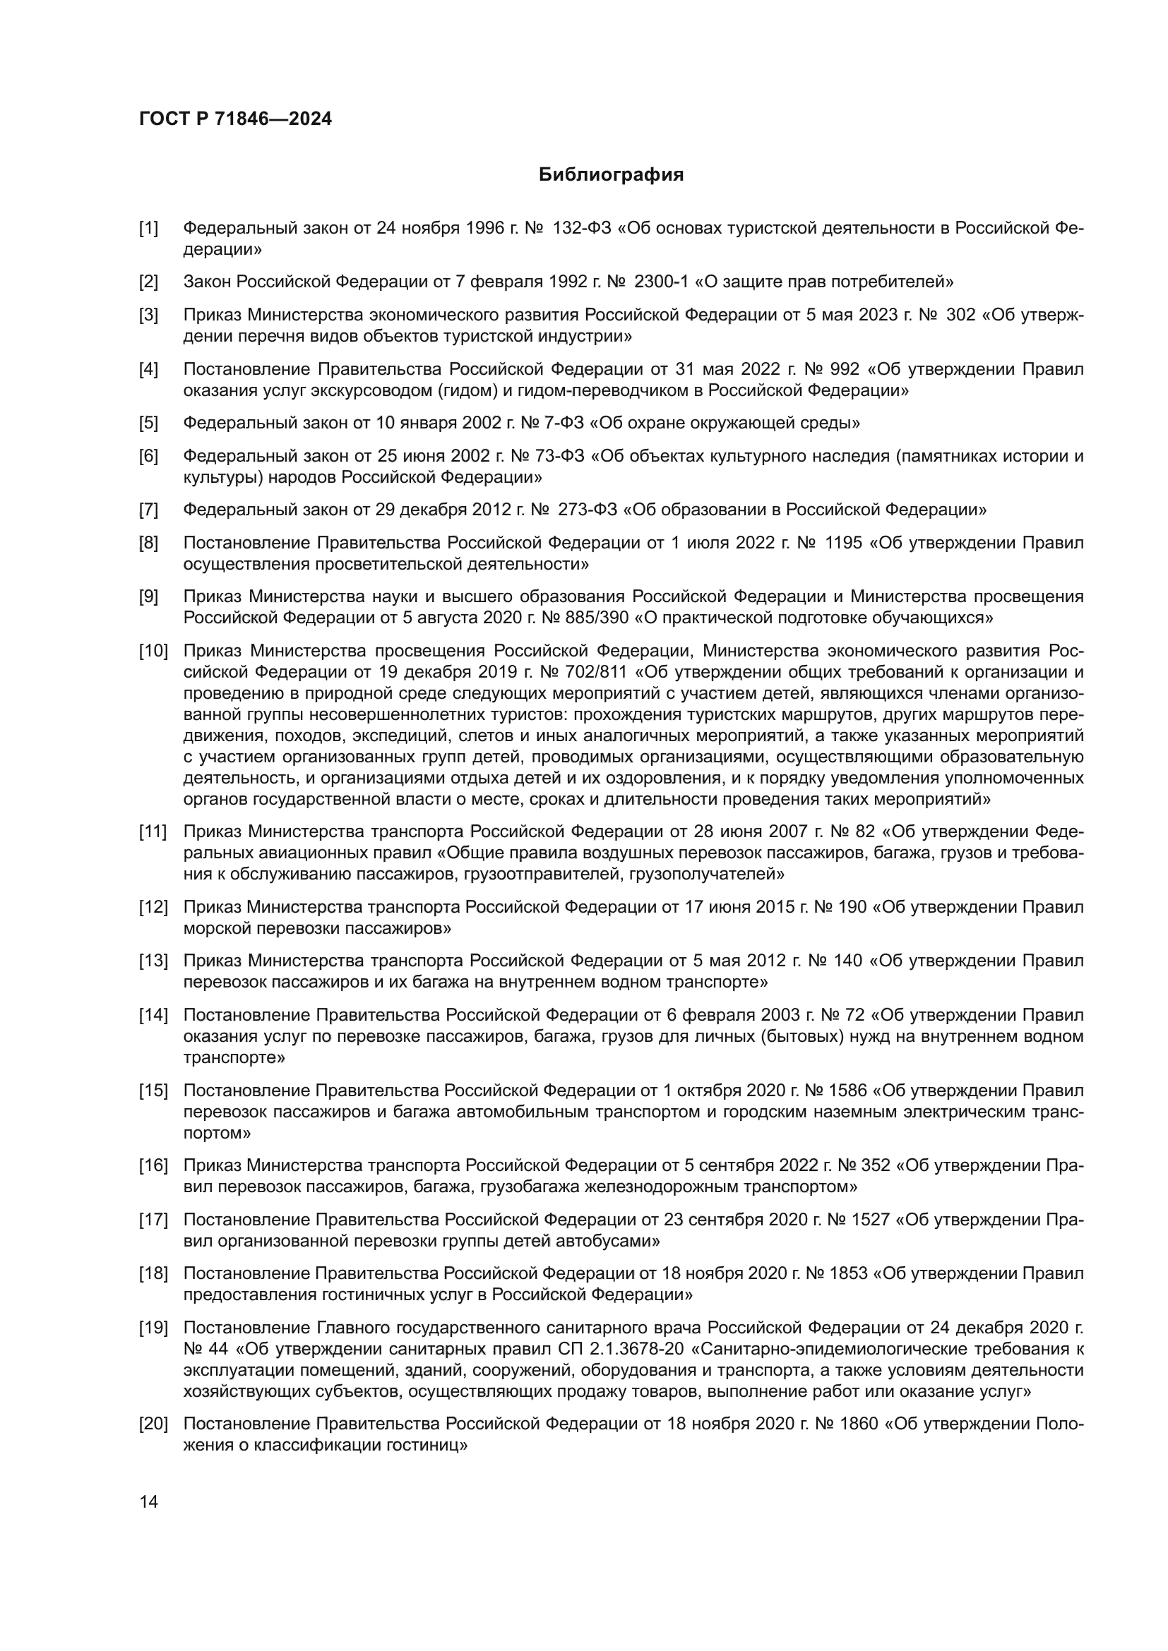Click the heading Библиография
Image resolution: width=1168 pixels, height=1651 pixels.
point(611,175)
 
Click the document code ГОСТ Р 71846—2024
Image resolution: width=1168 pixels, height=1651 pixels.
point(235,119)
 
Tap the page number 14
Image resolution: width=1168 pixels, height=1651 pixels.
point(149,1501)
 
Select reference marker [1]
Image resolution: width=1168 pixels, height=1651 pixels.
point(149,229)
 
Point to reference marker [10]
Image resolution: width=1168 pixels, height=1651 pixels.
point(153,651)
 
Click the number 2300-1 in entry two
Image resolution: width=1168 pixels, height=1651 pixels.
point(660,282)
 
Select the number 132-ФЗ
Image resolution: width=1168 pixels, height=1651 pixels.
point(582,229)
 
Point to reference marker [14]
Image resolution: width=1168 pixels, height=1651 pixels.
point(153,1015)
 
